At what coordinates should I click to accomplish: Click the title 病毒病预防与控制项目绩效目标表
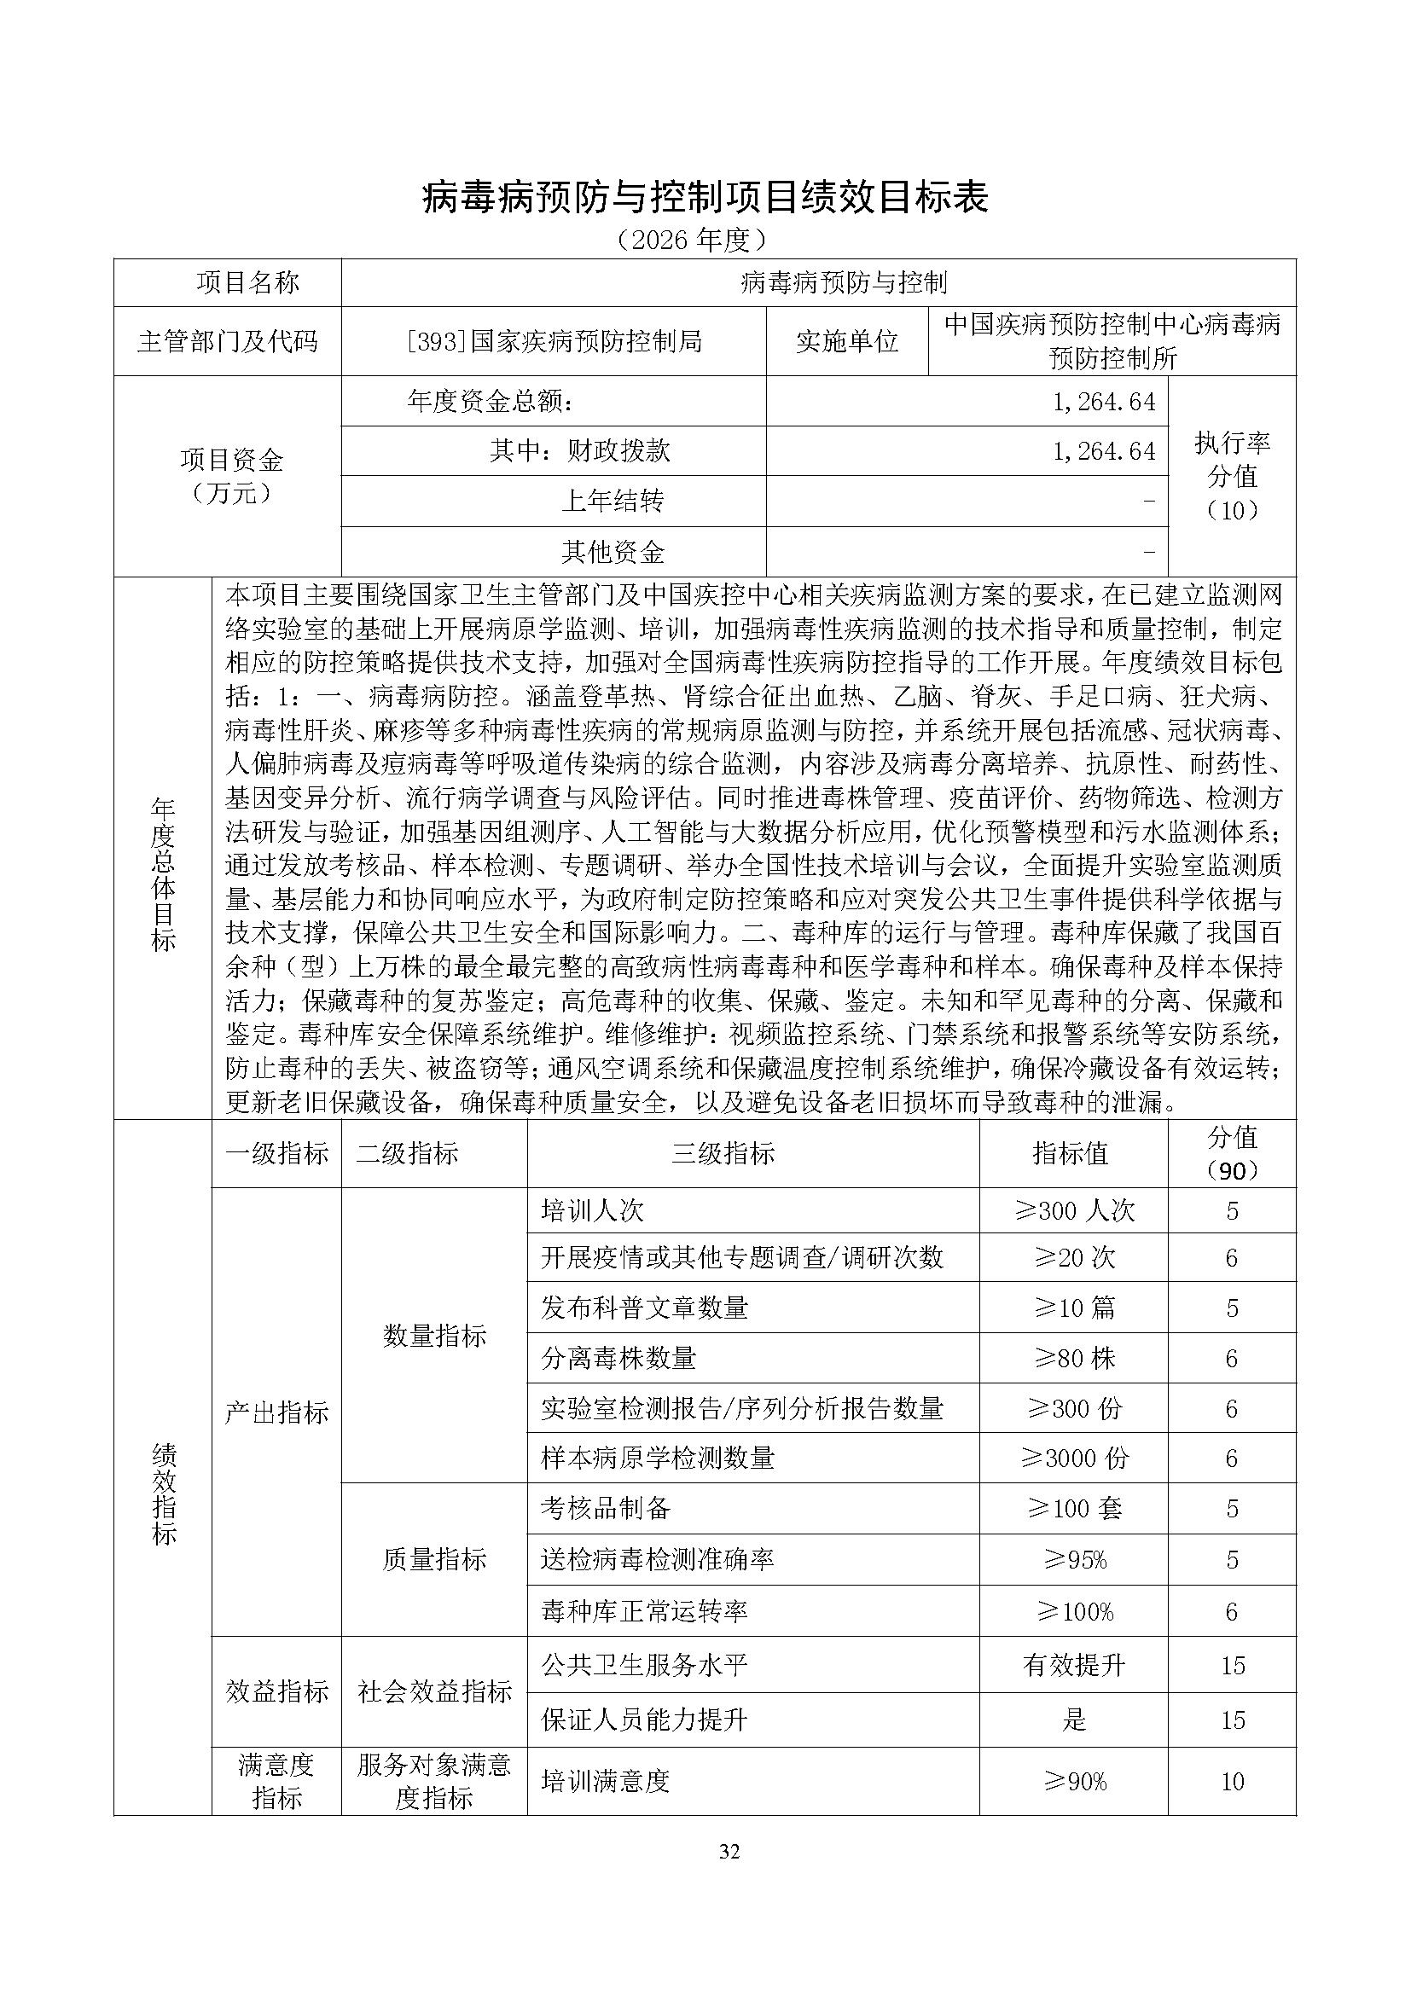[705, 198]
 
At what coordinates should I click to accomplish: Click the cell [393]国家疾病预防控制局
[554, 341]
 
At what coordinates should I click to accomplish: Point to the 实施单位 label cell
[847, 341]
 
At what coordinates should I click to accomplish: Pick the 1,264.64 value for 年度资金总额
[1103, 402]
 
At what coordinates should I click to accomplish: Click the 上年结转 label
[613, 501]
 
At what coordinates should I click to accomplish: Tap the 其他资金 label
[613, 552]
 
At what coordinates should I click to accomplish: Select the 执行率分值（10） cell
[1232, 476]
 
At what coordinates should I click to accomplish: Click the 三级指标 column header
[723, 1154]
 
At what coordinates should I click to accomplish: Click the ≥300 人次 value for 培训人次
[1075, 1210]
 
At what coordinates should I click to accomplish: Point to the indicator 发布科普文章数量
[644, 1308]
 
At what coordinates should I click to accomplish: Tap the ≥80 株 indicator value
[1075, 1358]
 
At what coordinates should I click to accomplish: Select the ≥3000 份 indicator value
[1075, 1458]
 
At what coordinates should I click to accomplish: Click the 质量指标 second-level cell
[433, 1560]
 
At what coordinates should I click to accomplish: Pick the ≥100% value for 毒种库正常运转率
[1075, 1612]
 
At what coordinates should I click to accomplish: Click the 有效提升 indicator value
[1075, 1666]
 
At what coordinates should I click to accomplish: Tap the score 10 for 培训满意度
[1232, 1782]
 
